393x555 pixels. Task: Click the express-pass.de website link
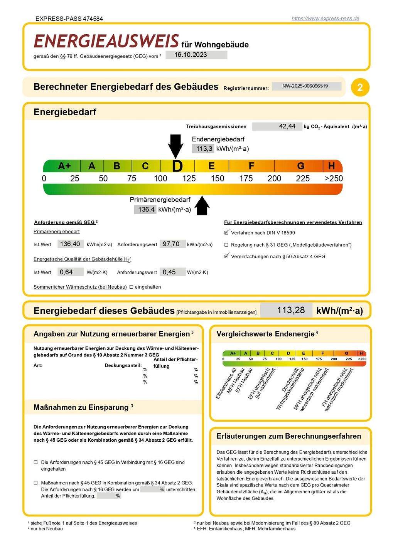325,18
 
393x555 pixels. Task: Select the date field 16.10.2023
196,55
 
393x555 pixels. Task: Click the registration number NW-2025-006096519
306,86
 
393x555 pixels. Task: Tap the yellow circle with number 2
360,87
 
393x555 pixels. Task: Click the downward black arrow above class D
175,146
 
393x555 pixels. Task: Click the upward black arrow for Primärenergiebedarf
202,206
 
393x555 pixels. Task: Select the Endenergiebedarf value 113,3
203,149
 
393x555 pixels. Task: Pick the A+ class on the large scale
64,166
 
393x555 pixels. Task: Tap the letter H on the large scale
331,166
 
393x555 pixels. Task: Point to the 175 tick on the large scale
246,178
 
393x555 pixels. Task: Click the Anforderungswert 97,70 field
172,244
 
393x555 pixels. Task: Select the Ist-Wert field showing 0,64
70,272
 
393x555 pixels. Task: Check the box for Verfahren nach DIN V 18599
227,233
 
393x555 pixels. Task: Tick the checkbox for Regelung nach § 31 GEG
226,245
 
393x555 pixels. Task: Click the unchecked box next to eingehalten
131,287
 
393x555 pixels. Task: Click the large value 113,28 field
286,310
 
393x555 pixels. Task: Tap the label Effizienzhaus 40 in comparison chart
226,383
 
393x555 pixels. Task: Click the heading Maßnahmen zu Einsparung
81,407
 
